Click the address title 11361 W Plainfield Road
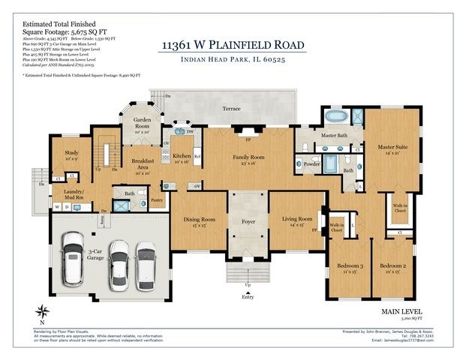[x=233, y=45]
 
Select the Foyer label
[x=247, y=221]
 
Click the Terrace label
[x=232, y=109]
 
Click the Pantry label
[x=156, y=200]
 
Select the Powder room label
[x=312, y=163]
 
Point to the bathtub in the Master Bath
[x=335, y=117]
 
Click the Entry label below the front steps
[x=248, y=298]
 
